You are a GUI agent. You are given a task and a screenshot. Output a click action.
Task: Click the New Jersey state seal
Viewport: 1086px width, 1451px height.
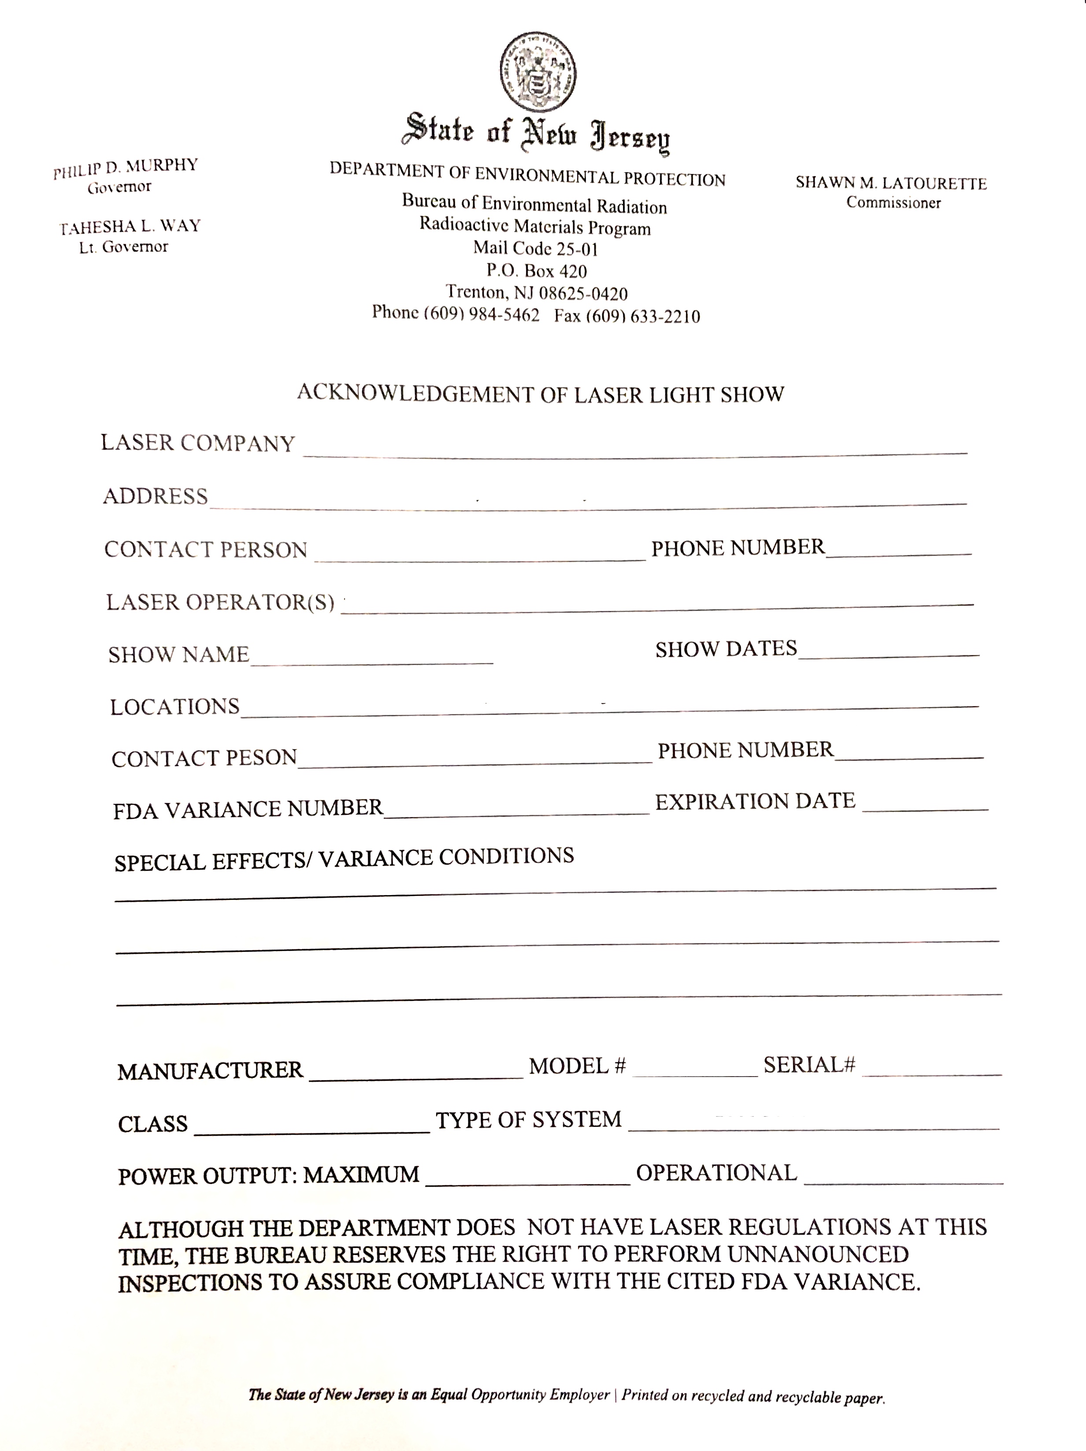coord(537,73)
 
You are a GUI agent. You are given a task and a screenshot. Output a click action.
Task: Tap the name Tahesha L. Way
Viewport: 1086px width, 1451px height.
coord(130,227)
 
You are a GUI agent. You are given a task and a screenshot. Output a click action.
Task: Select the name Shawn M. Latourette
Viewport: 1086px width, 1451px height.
coord(891,183)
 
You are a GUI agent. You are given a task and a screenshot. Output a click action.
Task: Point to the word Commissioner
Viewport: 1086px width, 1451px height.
coord(893,203)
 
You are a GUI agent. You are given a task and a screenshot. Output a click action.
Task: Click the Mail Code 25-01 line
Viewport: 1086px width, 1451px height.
coord(535,248)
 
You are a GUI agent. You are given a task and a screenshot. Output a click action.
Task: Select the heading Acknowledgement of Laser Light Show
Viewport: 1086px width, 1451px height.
coord(540,393)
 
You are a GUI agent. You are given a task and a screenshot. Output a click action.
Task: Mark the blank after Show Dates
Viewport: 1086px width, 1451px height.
coord(889,653)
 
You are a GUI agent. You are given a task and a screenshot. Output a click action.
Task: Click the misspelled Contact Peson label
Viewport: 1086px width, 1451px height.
coord(204,758)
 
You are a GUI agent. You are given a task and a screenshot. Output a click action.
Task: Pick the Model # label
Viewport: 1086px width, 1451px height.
coord(578,1066)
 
